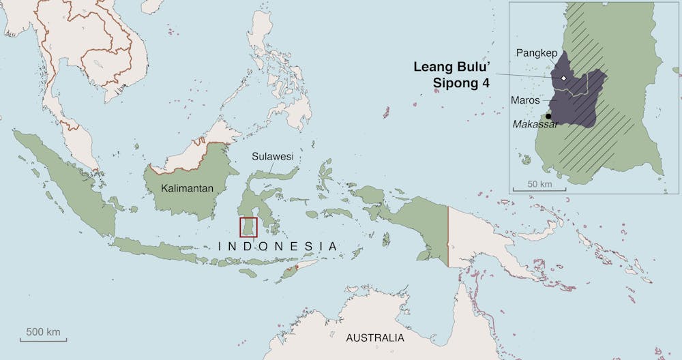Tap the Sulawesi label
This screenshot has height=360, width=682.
[x=273, y=156]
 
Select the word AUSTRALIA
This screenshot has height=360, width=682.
[x=374, y=338]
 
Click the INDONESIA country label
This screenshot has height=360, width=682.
[x=277, y=246]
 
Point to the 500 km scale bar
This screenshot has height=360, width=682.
[x=43, y=339]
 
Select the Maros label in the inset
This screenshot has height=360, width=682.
[x=526, y=100]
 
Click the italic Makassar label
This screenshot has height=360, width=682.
[x=535, y=124]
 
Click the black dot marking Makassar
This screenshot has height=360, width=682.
[x=548, y=116]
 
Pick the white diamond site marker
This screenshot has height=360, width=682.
[x=564, y=79]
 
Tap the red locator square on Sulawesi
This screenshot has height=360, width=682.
[x=248, y=226]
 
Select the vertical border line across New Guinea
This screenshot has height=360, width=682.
[x=448, y=235]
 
